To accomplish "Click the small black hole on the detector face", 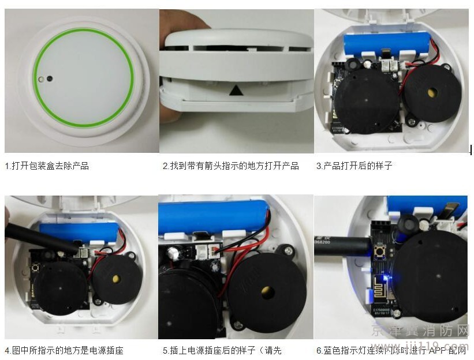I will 50,77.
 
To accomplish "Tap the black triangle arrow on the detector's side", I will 235,91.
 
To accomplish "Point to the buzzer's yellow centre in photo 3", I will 430,92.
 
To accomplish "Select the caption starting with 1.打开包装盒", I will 47,166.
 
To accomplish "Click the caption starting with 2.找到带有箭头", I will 231,166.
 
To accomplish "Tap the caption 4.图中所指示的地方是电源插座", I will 64,350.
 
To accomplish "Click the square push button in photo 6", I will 380,252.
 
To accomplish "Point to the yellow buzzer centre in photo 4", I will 117,278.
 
